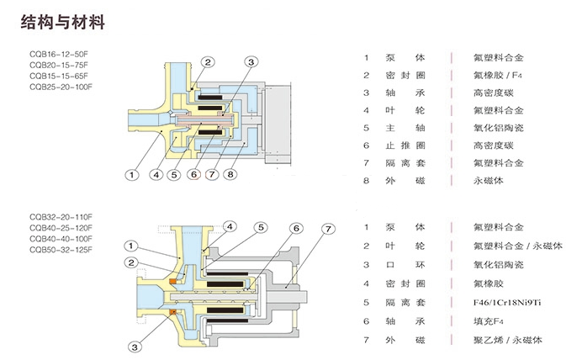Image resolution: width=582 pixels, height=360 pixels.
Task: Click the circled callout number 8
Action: click(230, 175)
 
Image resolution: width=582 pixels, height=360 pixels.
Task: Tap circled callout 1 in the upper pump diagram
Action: click(131, 175)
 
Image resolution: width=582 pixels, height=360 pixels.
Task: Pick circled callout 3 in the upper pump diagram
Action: click(251, 62)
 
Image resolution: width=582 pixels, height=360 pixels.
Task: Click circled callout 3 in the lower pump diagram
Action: click(134, 344)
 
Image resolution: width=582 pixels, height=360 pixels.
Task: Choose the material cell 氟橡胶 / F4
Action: click(493, 75)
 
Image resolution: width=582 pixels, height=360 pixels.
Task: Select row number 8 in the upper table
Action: click(367, 180)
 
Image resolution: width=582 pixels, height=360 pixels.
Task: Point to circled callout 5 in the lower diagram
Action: click(261, 227)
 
